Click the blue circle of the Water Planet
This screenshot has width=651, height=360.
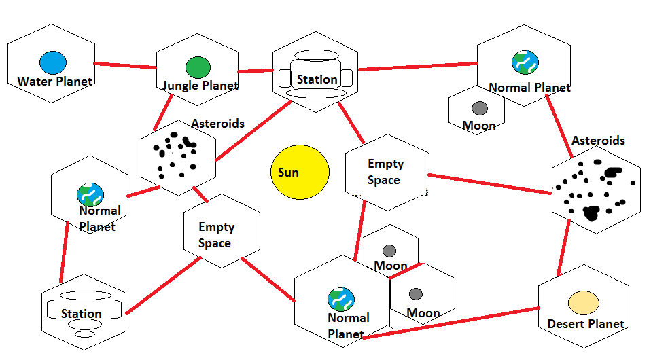pyautogui.click(x=52, y=63)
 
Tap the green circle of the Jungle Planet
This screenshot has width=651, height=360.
pyautogui.click(x=198, y=67)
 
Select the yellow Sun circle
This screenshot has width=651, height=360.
pyautogui.click(x=300, y=172)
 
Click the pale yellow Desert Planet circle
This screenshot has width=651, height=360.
pyautogui.click(x=583, y=302)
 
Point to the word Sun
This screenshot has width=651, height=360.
pyautogui.click(x=288, y=173)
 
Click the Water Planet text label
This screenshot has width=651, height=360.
pyautogui.click(x=54, y=82)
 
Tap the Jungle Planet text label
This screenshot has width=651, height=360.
pyautogui.click(x=200, y=86)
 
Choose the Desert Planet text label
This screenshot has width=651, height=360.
pyautogui.click(x=586, y=324)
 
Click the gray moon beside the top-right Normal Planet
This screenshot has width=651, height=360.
pyautogui.click(x=480, y=108)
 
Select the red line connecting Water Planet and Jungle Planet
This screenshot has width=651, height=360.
pyautogui.click(x=125, y=66)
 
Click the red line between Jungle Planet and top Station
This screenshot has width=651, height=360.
pyautogui.click(x=255, y=71)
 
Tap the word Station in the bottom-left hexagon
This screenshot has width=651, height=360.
pyautogui.click(x=82, y=314)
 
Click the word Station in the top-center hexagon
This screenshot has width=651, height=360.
pyautogui.click(x=317, y=79)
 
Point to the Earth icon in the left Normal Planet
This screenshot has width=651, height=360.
pyautogui.click(x=90, y=194)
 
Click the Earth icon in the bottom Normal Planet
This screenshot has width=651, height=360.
pyautogui.click(x=340, y=300)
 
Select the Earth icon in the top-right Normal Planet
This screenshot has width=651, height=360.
pyautogui.click(x=525, y=62)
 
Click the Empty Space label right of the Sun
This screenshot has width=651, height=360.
pyautogui.click(x=385, y=172)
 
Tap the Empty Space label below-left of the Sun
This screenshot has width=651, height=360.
pyautogui.click(x=215, y=235)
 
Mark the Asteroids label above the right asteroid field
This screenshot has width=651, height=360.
pyautogui.click(x=598, y=141)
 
